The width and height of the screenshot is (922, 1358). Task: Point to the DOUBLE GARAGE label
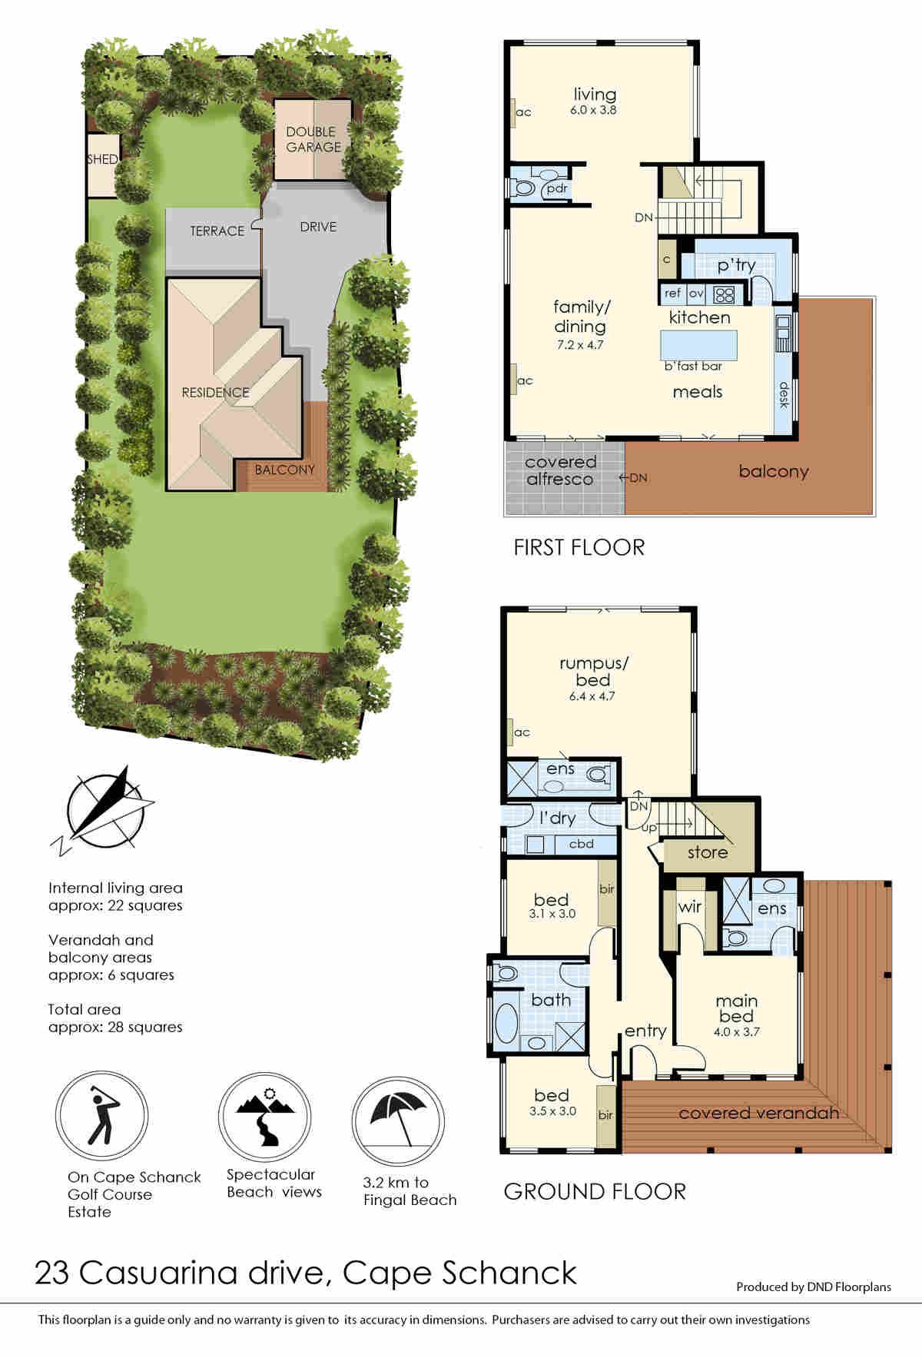point(313,139)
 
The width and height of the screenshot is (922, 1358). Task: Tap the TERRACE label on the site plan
point(217,231)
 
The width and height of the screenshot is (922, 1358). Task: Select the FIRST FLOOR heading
point(579,547)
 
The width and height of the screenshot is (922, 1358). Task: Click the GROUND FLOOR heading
point(595,1191)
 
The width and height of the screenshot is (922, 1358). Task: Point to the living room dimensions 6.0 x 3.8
point(593,110)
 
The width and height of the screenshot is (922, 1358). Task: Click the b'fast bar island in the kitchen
point(698,343)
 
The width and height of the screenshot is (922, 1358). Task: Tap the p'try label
point(736,266)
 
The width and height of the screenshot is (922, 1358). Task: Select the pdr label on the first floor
point(557,188)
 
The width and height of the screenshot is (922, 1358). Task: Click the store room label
point(708,852)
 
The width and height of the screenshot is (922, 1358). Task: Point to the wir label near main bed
point(689,906)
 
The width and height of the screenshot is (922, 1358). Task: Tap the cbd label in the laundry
point(581,844)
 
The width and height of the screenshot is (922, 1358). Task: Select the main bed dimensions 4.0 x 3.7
point(736,1032)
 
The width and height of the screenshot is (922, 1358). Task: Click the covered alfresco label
point(560,470)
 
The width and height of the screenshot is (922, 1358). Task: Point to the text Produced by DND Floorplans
point(814,1287)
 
